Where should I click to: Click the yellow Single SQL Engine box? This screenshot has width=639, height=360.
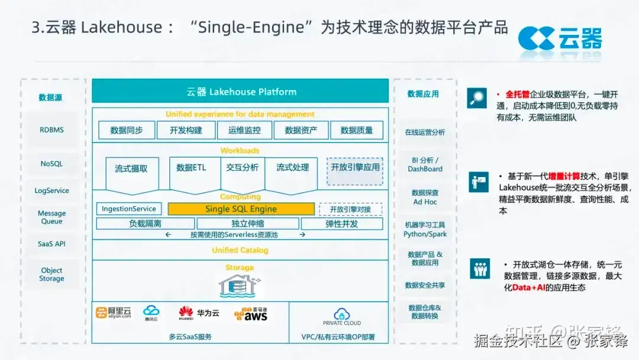tap(241, 209)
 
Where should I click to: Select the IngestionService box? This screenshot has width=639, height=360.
tap(129, 209)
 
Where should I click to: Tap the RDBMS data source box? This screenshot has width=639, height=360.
tap(51, 130)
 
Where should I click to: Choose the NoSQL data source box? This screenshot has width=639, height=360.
tap(51, 164)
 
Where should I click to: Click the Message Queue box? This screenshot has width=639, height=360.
tap(51, 217)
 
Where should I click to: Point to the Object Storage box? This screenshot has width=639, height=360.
tap(51, 274)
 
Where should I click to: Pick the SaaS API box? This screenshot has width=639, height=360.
tap(51, 244)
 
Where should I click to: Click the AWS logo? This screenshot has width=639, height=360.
tap(251, 314)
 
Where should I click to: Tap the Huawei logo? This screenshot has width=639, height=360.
tap(186, 313)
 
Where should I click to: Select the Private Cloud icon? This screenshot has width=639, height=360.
tap(341, 316)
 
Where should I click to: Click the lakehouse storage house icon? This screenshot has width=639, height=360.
tap(239, 285)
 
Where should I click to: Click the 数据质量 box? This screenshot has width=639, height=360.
tap(356, 130)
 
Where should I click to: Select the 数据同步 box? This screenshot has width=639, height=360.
tap(127, 130)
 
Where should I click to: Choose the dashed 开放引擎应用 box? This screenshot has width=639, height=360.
tap(355, 168)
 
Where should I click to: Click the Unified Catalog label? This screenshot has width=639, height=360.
tap(240, 250)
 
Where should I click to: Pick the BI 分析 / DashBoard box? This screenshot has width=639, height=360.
tap(425, 165)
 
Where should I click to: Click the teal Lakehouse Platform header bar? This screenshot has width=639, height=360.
tap(240, 92)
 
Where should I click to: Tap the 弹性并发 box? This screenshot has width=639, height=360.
tap(341, 224)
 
